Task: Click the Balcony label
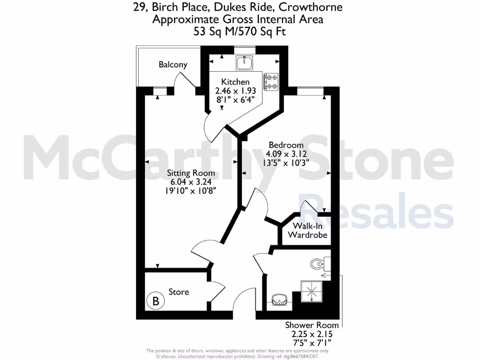point(173,65)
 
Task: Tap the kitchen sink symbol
point(244,63)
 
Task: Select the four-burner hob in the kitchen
point(271,82)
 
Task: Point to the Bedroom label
point(285,145)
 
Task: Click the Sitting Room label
point(191,173)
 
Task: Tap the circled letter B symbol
point(156,300)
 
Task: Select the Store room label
point(179,292)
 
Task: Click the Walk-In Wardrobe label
point(307,231)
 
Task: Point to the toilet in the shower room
point(318,264)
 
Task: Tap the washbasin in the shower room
point(280,299)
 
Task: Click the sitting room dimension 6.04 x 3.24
point(191,182)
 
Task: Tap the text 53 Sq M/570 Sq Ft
point(240,31)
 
